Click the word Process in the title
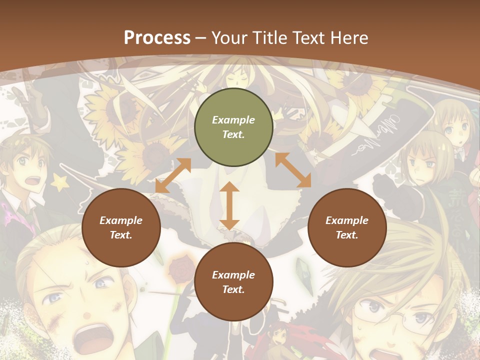click(157, 37)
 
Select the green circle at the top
click(233, 127)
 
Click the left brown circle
click(121, 227)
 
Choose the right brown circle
click(347, 227)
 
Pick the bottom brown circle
click(233, 282)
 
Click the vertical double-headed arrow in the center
click(229, 205)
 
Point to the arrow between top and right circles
click(293, 170)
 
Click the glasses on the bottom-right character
click(390, 320)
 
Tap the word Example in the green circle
click(233, 120)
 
